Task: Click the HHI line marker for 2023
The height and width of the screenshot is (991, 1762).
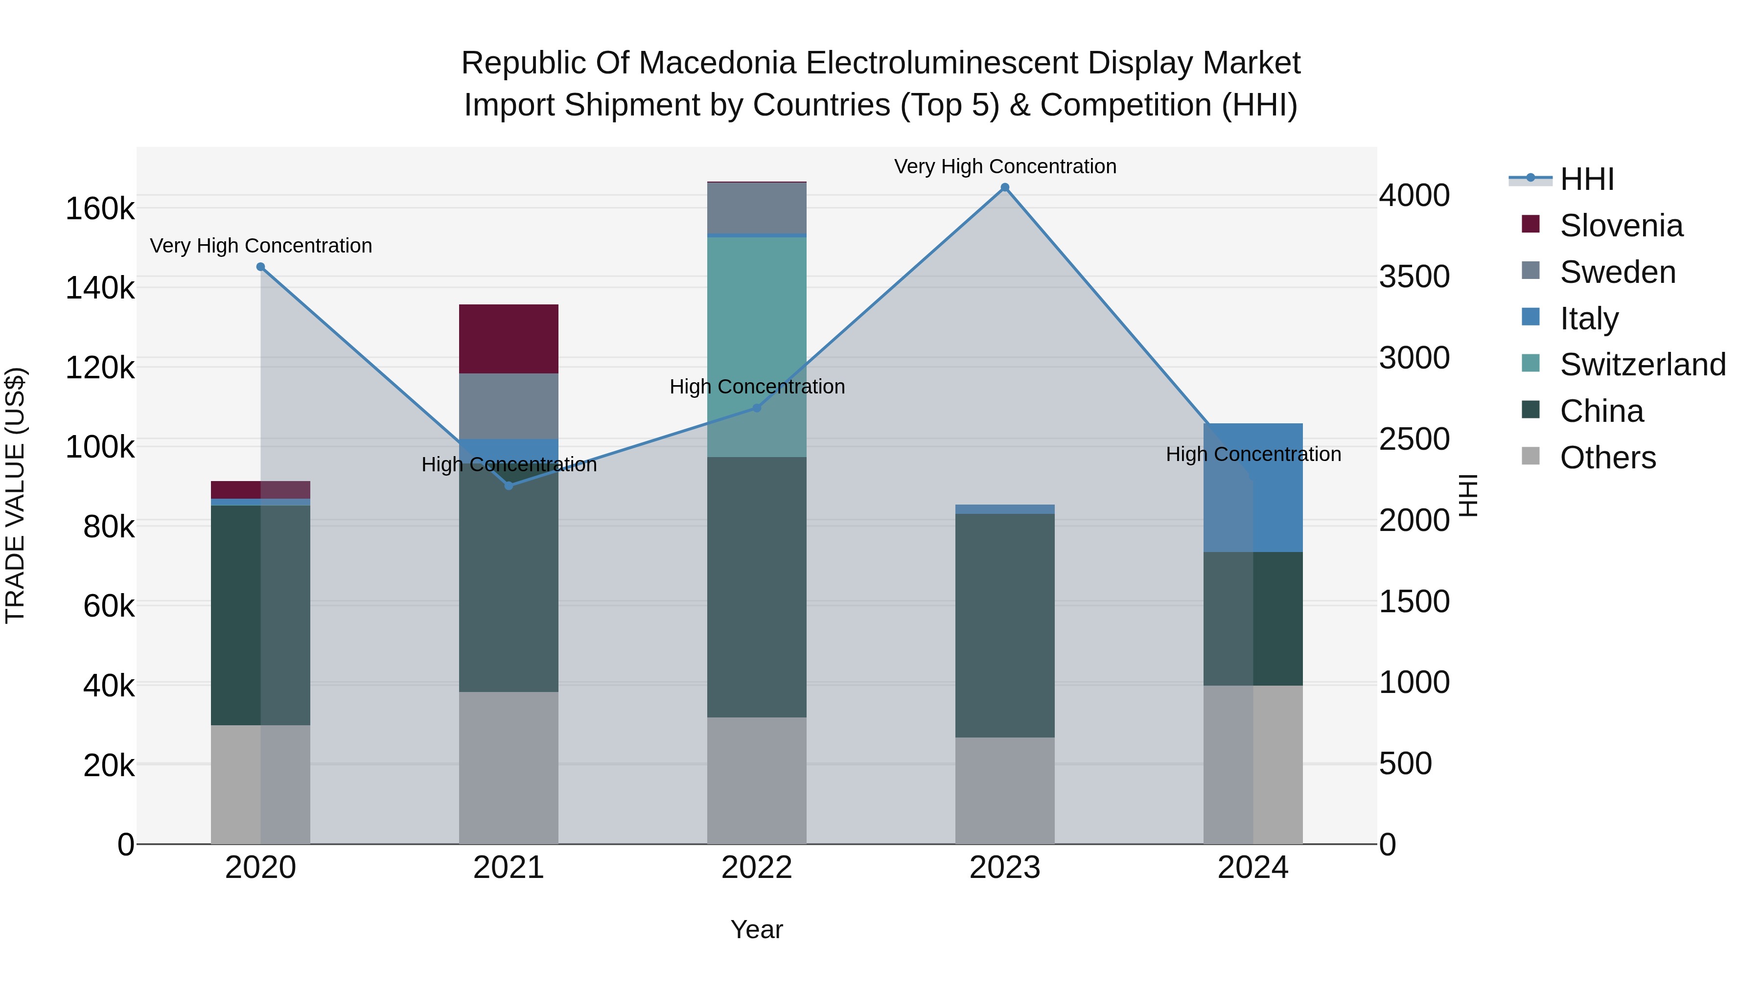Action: click(x=1005, y=187)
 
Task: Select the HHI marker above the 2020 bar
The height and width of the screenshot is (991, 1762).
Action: click(x=260, y=267)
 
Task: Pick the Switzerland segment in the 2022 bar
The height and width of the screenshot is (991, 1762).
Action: click(x=757, y=346)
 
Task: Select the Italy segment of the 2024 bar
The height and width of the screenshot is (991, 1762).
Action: click(x=1253, y=487)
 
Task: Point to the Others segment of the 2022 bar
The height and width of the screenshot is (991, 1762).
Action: click(x=757, y=780)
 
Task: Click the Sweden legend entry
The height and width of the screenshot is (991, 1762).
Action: click(x=1617, y=272)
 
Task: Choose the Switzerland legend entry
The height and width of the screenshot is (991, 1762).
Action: click(x=1642, y=365)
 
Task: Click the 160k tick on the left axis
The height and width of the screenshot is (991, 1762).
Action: click(x=100, y=208)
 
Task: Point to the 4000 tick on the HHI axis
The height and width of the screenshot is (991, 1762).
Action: click(x=1414, y=196)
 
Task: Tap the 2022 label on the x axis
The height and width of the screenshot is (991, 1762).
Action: click(x=757, y=868)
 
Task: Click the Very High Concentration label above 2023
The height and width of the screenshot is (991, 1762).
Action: click(x=1005, y=166)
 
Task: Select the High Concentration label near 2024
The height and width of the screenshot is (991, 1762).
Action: click(x=1253, y=454)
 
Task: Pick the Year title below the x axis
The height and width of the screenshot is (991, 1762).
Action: click(x=757, y=929)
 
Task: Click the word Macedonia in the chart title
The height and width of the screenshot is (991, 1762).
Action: click(x=718, y=63)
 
